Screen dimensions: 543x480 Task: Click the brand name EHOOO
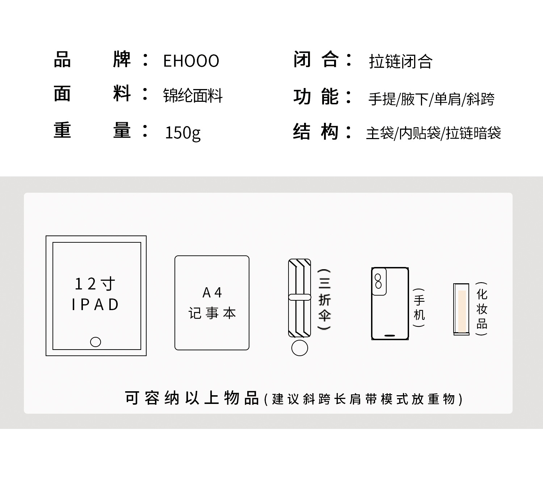[191, 61]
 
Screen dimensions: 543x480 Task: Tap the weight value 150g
[182, 133]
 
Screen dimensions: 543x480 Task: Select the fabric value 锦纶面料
[193, 96]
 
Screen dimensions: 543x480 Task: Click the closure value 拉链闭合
[400, 62]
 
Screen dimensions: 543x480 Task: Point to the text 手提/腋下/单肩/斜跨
[431, 99]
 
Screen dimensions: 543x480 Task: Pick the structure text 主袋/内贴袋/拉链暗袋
[433, 133]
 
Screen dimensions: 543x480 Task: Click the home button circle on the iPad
[96, 342]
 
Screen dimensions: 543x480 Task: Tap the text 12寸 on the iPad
[95, 284]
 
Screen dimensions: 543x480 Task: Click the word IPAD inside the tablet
[95, 305]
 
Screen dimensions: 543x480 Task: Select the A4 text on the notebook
[212, 292]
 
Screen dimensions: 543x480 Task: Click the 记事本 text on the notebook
[212, 313]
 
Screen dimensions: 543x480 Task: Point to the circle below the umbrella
[299, 348]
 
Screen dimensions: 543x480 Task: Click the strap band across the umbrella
[299, 297]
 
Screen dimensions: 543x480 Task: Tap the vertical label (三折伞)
[324, 299]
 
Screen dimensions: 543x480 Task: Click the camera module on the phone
[379, 281]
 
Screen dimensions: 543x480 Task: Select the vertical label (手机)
[419, 308]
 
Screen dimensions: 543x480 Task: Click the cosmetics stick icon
[461, 309]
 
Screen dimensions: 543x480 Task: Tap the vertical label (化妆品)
[481, 309]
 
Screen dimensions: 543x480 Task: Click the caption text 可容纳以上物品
[192, 398]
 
